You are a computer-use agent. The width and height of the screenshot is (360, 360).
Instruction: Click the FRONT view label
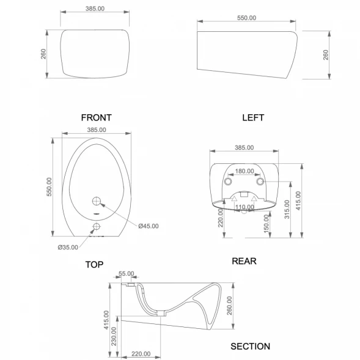96,117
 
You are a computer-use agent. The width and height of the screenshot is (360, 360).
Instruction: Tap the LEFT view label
253,117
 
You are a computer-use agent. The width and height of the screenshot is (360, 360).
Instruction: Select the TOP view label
94,265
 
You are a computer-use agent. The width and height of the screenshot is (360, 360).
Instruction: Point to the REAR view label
244,261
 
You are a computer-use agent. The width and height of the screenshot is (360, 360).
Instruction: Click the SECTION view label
250,347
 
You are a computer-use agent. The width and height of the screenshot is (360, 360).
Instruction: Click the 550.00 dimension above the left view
246,18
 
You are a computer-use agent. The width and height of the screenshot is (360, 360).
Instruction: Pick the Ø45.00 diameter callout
149,226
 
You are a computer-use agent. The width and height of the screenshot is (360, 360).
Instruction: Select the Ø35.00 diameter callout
68,248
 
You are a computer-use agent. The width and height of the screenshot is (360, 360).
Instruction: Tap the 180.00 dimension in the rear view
244,171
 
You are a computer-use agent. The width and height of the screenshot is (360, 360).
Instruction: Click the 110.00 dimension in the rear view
244,207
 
